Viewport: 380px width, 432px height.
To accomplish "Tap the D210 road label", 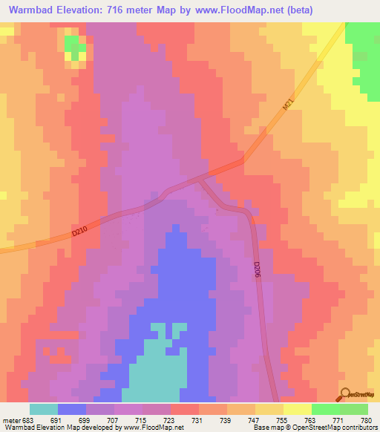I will (x=79, y=232).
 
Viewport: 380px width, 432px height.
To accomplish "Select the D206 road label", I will (x=258, y=269).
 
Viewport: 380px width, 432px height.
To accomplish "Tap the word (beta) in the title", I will (x=295, y=10).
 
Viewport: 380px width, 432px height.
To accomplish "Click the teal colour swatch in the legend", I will (x=44, y=409).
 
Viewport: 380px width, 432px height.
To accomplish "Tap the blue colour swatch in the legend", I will (x=72, y=409).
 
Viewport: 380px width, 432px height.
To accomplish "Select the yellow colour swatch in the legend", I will (x=297, y=409).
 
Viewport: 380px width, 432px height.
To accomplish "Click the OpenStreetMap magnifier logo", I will (x=345, y=394).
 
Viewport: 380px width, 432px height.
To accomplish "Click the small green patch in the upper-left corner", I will (x=73, y=46).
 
